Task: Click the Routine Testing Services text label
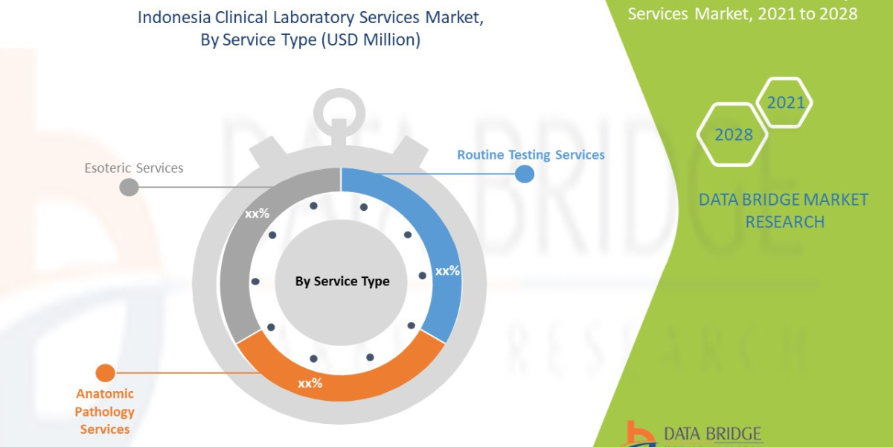click(531, 155)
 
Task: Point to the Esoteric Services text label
click(134, 168)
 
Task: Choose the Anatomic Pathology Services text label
click(105, 411)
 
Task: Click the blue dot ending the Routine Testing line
click(525, 174)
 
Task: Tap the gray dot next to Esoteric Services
click(129, 186)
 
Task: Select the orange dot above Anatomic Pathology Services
click(106, 373)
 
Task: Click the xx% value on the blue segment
click(447, 271)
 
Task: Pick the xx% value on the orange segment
click(310, 383)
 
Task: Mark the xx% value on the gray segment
click(257, 213)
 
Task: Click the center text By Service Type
click(342, 281)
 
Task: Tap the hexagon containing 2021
click(785, 103)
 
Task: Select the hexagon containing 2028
click(733, 135)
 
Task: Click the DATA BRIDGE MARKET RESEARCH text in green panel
click(784, 211)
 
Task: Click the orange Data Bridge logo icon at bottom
click(637, 434)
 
